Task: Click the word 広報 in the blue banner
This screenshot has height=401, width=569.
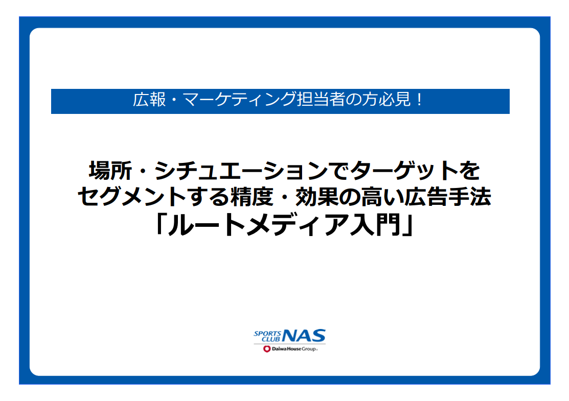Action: [x=149, y=100]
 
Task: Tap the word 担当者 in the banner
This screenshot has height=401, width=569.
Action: [x=321, y=100]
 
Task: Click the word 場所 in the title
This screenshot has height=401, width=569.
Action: [x=110, y=171]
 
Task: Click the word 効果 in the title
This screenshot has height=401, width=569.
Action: [x=317, y=197]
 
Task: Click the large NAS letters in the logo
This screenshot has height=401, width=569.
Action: [x=304, y=336]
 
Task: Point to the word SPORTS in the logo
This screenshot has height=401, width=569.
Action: [x=267, y=333]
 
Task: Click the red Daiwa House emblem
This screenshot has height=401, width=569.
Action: [x=267, y=349]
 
